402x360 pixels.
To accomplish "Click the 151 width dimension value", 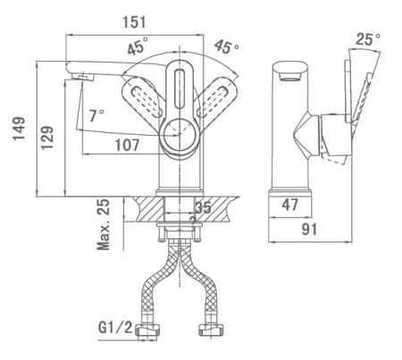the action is (x=134, y=22).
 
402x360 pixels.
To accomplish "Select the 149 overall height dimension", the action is (x=19, y=129).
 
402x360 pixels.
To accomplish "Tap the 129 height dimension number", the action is (x=47, y=138).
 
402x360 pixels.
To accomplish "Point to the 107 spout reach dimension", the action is (x=127, y=145).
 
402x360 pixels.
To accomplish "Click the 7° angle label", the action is (x=96, y=115).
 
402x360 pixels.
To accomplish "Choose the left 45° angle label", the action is (x=138, y=46).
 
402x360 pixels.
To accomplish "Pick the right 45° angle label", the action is (x=226, y=46).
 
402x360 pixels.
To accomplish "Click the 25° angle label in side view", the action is (x=368, y=38).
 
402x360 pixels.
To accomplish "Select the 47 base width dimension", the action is (x=289, y=205).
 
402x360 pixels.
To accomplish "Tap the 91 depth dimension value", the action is (x=309, y=229).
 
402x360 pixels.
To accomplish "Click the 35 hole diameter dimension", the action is (x=203, y=207).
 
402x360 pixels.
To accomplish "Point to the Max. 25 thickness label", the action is (x=104, y=224).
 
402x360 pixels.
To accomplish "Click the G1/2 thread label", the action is (x=115, y=328).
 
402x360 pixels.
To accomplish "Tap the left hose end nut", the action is (x=147, y=330).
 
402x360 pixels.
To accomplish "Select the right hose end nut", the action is (x=212, y=330).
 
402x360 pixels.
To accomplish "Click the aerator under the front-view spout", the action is (x=83, y=77).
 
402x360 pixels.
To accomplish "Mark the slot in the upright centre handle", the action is (x=180, y=89).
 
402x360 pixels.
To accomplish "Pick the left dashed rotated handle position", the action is (x=142, y=96).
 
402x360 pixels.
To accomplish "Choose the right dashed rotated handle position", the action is (x=217, y=96).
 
